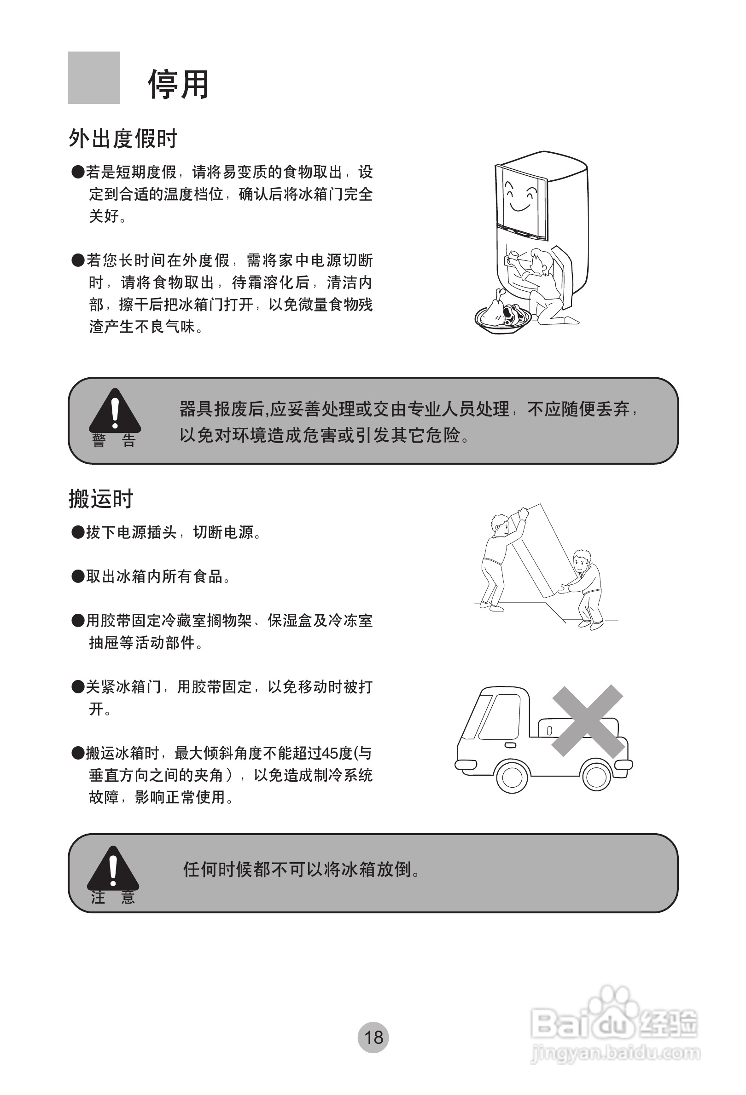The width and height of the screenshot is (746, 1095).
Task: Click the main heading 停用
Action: point(178,85)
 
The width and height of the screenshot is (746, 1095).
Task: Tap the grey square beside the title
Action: point(93,78)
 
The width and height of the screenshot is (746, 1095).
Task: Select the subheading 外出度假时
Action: point(123,138)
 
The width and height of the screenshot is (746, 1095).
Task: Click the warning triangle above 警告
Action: point(115,411)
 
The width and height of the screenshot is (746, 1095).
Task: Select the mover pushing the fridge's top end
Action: point(499,558)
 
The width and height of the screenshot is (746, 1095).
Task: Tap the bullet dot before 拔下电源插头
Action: point(77,533)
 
